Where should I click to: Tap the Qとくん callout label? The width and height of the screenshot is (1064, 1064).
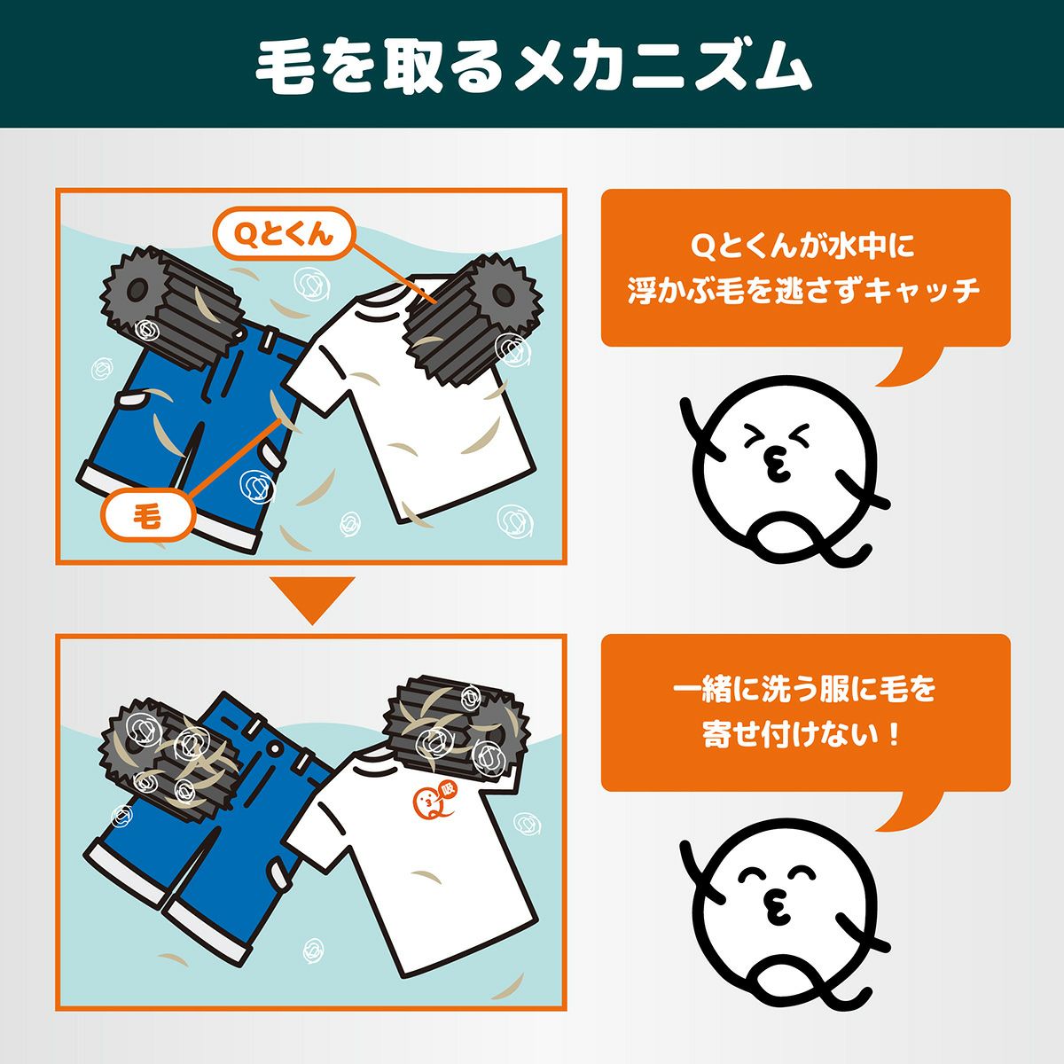(283, 233)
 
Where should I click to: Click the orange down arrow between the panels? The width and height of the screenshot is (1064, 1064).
(312, 599)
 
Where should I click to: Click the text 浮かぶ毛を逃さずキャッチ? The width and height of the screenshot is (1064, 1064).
(804, 292)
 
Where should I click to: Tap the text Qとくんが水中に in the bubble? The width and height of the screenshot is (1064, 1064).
(804, 246)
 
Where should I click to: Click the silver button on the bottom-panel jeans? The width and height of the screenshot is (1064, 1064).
(274, 749)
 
